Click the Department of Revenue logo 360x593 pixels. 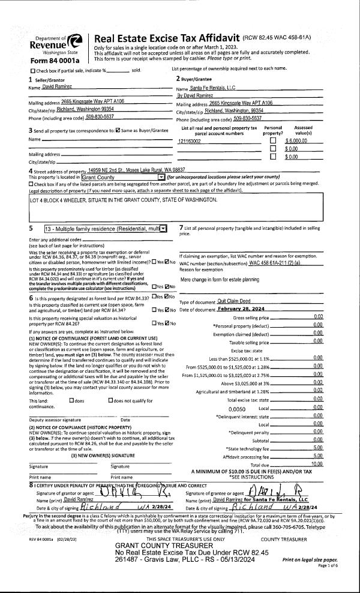pos(76,43)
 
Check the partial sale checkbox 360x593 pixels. pos(15,71)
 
